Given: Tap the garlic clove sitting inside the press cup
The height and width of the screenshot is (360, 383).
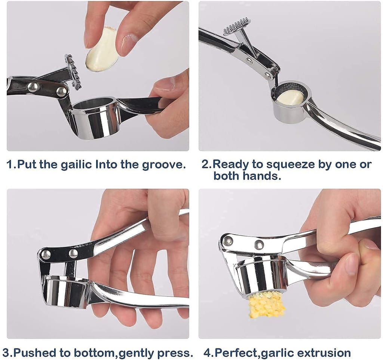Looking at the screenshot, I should point(290,97).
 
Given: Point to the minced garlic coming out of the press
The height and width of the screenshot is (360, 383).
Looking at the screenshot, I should point(267,304).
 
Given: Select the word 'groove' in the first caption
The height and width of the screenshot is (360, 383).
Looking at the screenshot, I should point(164,165).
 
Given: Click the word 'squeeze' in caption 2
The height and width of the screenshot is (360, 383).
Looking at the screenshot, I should point(286,164).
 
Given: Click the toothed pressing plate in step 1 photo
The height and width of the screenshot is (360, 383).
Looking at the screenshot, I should point(73,71).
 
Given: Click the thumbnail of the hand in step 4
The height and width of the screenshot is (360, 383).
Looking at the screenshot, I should point(351,264).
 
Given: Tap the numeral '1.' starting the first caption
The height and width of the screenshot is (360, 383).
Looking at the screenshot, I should point(12,164).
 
